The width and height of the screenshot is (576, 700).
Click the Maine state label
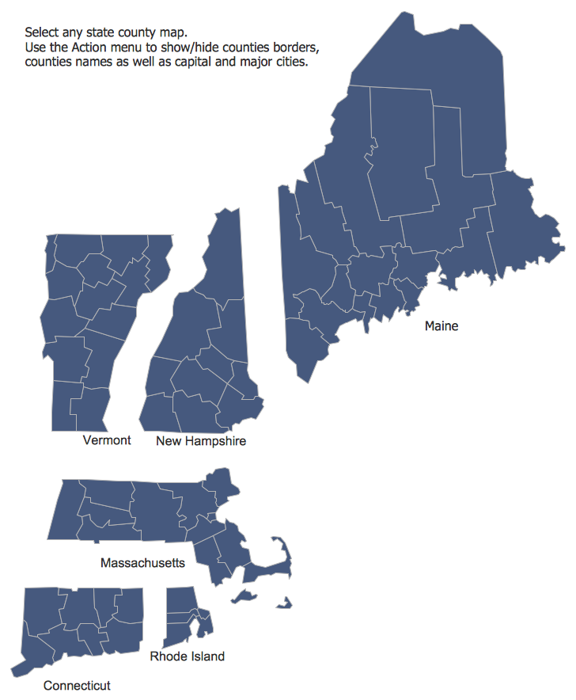[x=441, y=326]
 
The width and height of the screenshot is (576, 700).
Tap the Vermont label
[x=107, y=440]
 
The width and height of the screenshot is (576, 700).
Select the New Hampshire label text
[x=201, y=441]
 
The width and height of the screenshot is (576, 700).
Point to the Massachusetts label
[x=142, y=563]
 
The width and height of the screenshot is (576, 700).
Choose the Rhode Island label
[x=187, y=656]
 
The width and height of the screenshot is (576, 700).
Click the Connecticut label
[x=77, y=686]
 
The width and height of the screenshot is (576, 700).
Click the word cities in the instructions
[x=290, y=63]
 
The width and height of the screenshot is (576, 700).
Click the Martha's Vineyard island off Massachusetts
[x=244, y=595]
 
